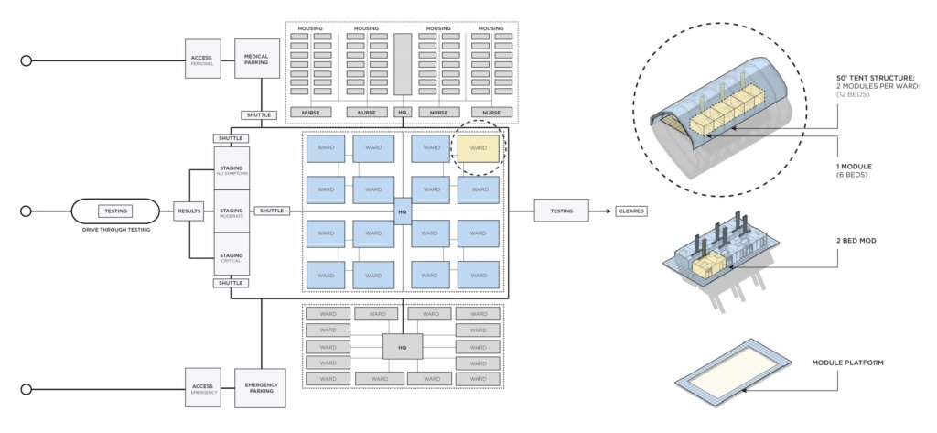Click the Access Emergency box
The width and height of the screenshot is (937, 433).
(x=201, y=388)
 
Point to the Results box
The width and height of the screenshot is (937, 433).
(x=189, y=211)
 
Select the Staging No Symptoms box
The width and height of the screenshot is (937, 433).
(x=231, y=168)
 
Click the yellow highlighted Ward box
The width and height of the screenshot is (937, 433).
(x=479, y=148)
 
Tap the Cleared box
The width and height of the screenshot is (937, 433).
(x=631, y=211)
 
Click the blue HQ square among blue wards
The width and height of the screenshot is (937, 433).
(x=402, y=211)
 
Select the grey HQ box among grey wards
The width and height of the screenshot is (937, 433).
(x=402, y=348)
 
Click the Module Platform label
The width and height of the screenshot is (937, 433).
(x=847, y=363)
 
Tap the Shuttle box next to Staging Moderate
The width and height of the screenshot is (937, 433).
(x=273, y=211)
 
